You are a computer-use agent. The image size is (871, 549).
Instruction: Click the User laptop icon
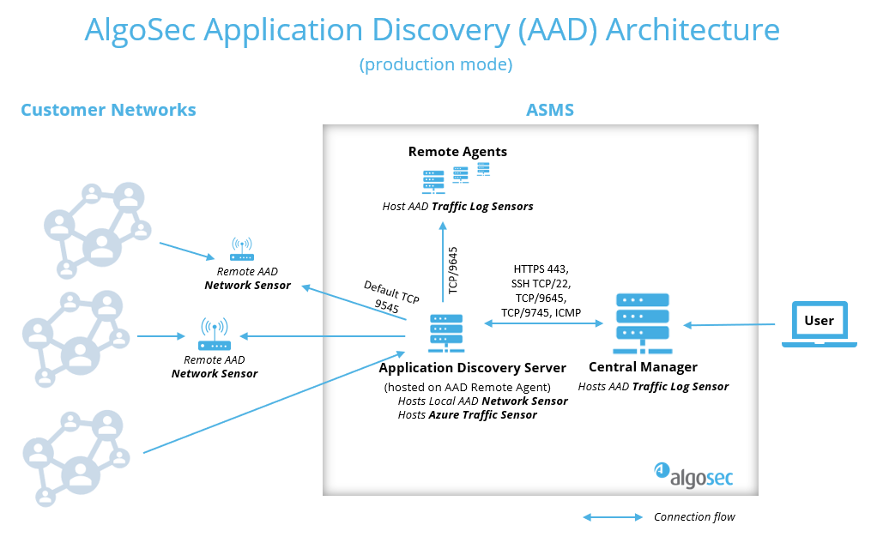(x=819, y=324)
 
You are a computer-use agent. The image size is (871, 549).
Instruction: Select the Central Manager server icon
(x=642, y=323)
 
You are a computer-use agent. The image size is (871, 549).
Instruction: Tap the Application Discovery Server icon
(x=446, y=333)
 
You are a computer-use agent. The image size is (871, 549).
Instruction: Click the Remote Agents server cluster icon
(x=456, y=177)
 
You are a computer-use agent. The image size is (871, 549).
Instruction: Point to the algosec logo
(x=693, y=471)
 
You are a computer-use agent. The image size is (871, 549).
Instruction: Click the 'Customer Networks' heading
(x=108, y=110)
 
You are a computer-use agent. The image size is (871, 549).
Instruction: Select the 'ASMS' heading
(x=549, y=110)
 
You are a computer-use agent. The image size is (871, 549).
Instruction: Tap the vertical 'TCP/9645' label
(x=454, y=271)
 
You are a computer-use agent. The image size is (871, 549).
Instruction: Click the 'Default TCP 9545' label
(x=390, y=295)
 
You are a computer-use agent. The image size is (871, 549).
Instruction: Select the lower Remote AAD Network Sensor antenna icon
(x=214, y=335)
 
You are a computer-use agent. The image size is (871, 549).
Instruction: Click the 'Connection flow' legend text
(x=694, y=516)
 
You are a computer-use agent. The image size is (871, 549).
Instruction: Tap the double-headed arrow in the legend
(x=613, y=516)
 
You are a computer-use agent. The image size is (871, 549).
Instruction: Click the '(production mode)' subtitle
(x=436, y=64)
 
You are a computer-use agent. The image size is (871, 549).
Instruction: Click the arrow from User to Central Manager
(x=729, y=324)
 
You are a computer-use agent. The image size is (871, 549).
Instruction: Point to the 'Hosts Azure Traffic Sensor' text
(x=468, y=414)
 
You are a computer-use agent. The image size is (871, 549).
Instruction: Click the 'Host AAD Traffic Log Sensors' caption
(x=457, y=206)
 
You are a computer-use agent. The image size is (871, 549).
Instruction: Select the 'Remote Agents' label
(x=457, y=152)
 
